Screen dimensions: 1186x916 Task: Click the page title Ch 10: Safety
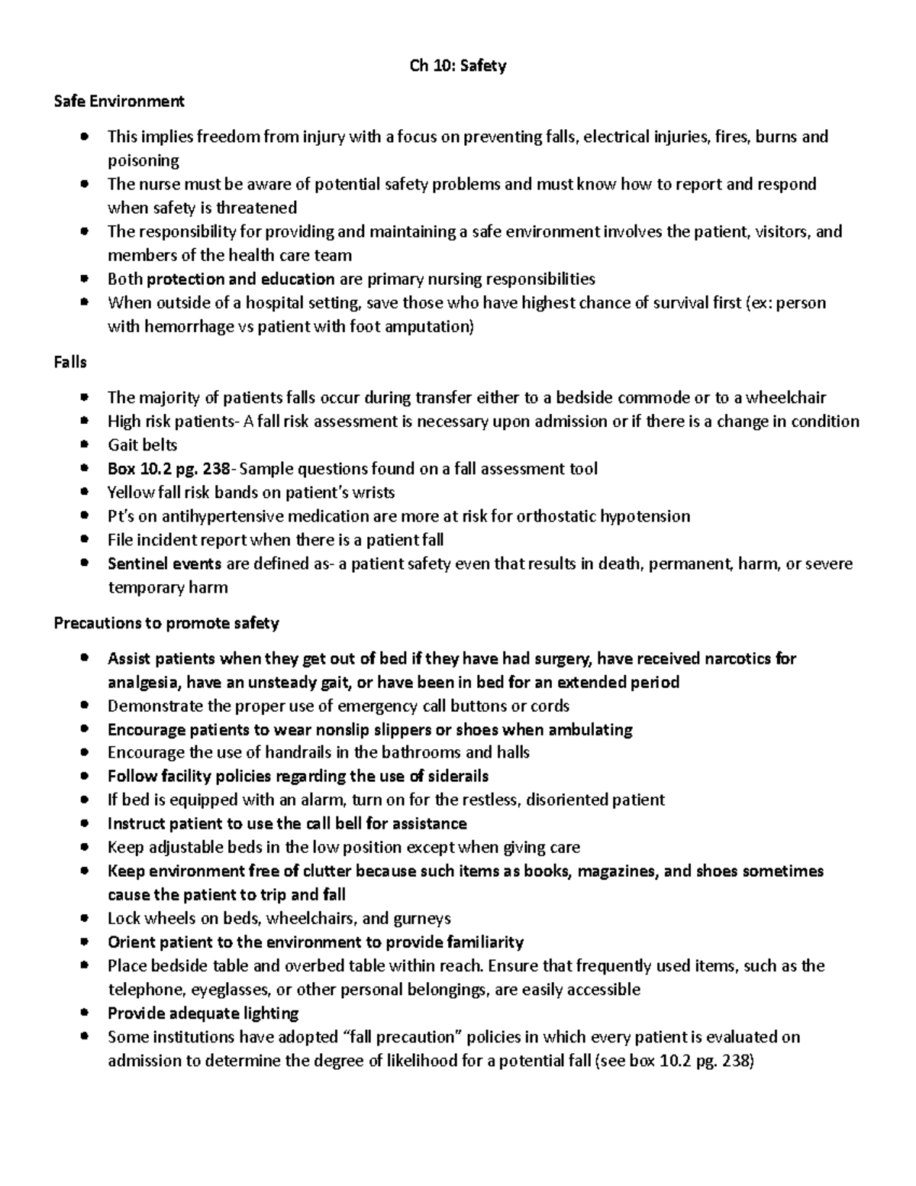coord(457,66)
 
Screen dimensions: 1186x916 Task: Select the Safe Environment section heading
coord(119,101)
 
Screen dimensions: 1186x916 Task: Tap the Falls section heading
coord(70,362)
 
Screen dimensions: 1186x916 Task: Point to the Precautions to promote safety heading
coord(166,623)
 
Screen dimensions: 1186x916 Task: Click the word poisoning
coord(144,160)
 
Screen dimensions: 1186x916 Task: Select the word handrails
coord(298,752)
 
